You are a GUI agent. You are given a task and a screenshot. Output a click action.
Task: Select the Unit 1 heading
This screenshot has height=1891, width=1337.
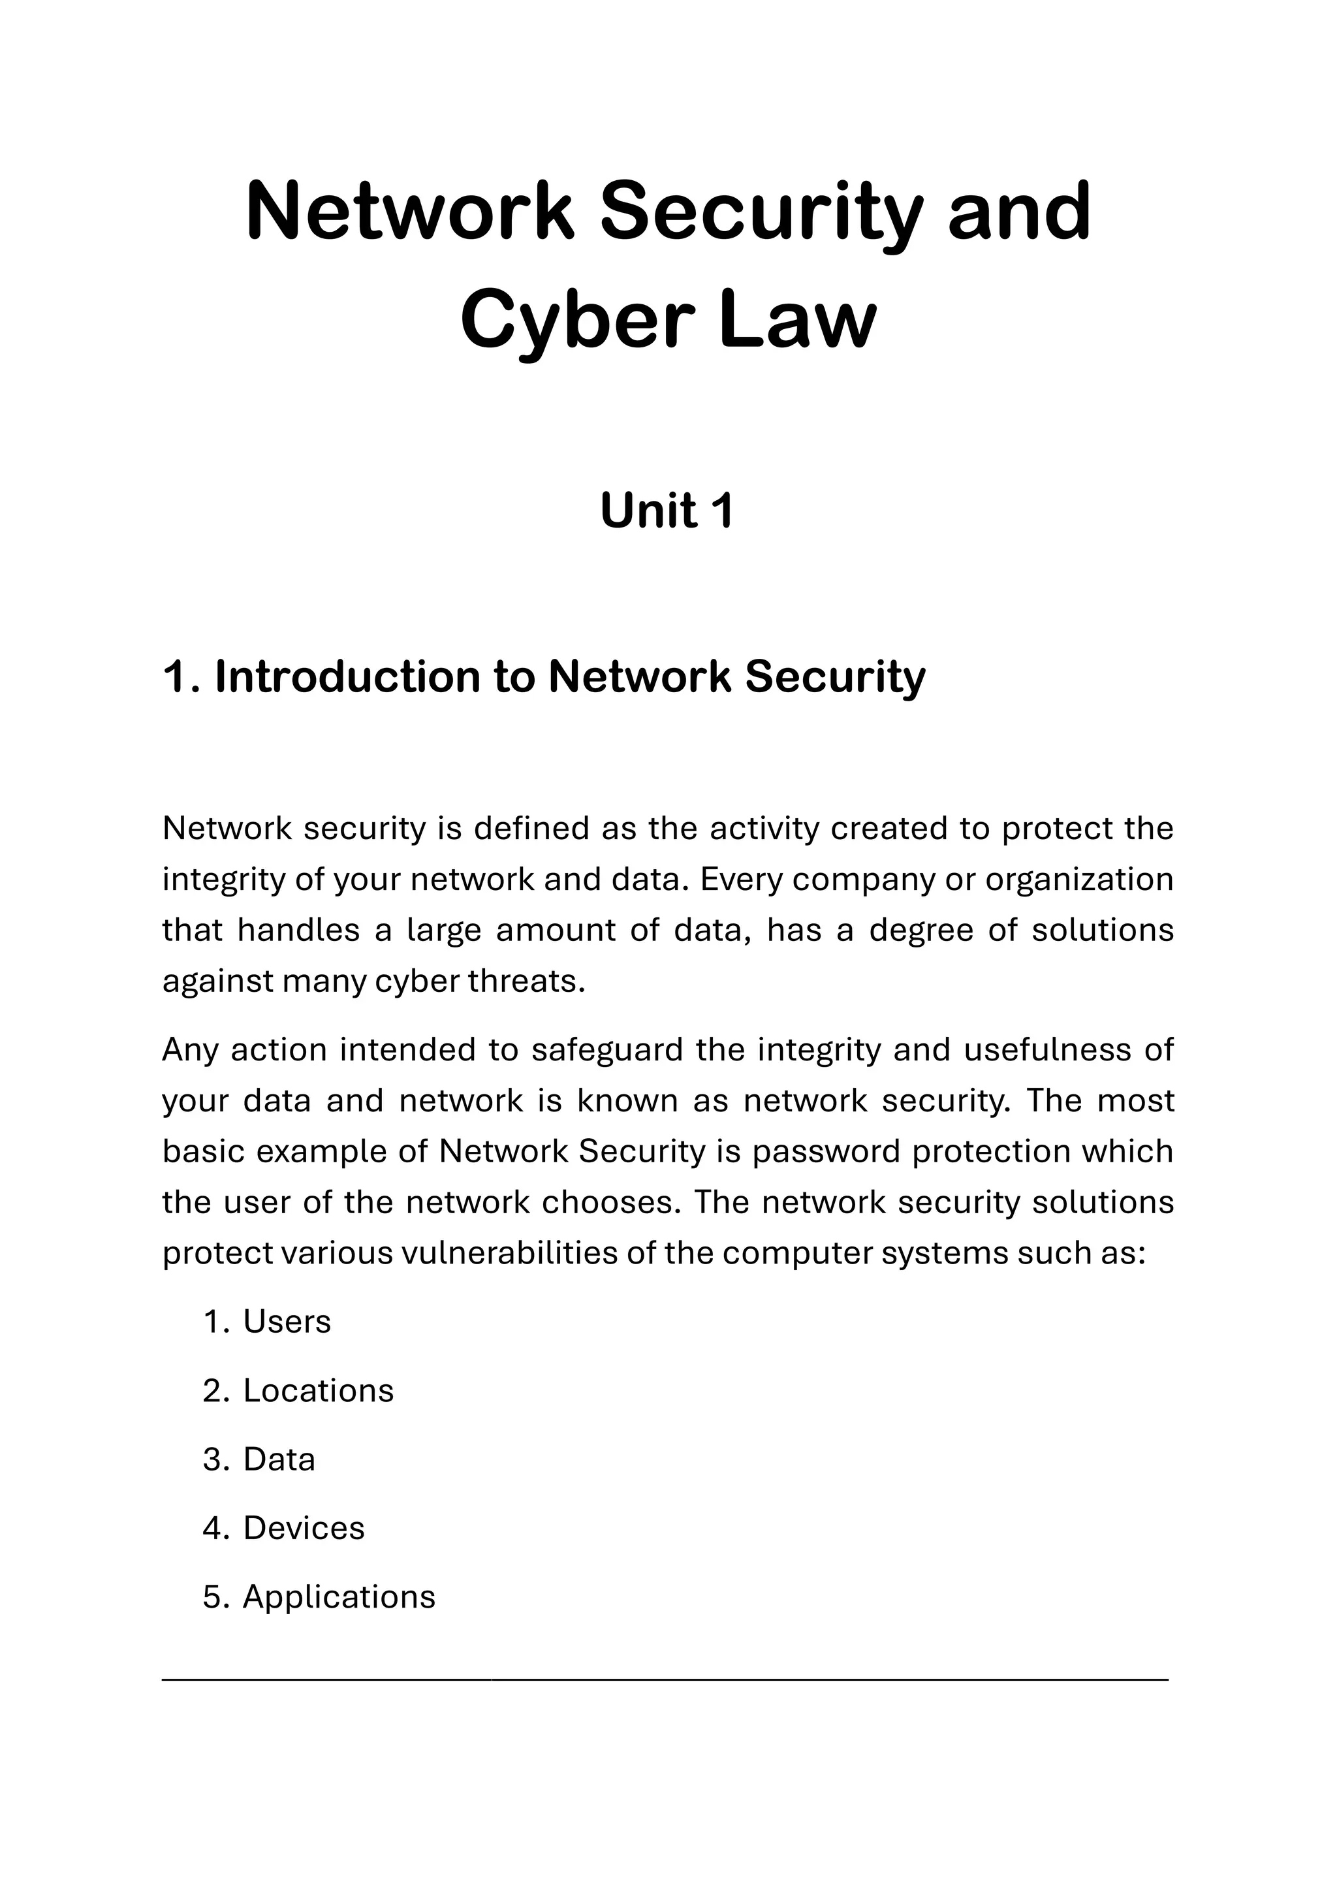[667, 511]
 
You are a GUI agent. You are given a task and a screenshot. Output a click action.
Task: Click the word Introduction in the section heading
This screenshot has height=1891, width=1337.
[347, 677]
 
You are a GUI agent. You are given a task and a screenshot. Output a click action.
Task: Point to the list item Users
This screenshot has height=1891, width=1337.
[287, 1322]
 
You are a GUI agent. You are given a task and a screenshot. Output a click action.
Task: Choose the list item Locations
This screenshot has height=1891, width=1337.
[318, 1390]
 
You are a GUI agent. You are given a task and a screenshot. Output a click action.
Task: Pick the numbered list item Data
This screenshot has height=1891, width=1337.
[279, 1459]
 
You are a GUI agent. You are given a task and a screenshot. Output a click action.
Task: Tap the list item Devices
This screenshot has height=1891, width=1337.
[303, 1528]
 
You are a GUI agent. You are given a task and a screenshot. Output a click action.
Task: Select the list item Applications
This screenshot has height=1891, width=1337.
[338, 1596]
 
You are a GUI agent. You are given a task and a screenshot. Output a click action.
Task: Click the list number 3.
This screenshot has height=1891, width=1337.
[212, 1459]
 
